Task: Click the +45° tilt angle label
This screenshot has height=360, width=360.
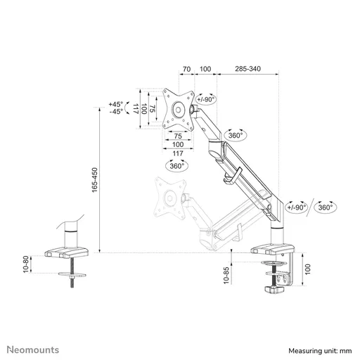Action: (116, 104)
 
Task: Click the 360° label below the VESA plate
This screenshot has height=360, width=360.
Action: (178, 165)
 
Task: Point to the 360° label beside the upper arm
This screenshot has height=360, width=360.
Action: (235, 134)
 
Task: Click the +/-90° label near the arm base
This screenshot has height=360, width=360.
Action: (298, 207)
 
